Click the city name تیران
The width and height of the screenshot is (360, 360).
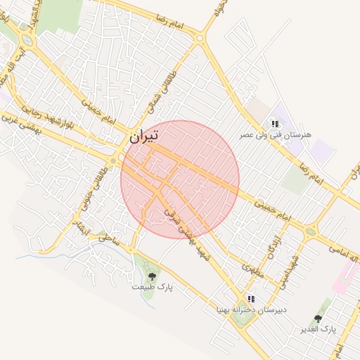(143, 136)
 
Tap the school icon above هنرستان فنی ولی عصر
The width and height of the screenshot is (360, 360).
(274, 123)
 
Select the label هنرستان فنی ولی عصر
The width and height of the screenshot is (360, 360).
(275, 134)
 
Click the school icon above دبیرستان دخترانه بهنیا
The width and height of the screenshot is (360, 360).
(252, 299)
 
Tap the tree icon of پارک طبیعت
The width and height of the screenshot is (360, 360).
(153, 276)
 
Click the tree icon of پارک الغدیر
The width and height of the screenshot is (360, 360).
(318, 319)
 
